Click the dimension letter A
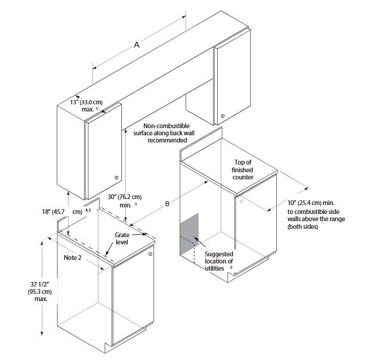(137, 45)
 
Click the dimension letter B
(167, 204)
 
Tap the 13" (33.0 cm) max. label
(87, 105)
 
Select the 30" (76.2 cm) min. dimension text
(125, 201)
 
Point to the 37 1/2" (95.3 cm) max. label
(40, 291)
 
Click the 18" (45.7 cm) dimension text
(62, 212)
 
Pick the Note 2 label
(73, 257)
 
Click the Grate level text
(122, 238)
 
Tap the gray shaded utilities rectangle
(189, 234)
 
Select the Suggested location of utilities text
(219, 261)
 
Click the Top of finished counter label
(243, 170)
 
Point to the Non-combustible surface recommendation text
(164, 133)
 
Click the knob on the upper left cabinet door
(116, 178)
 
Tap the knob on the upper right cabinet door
(223, 116)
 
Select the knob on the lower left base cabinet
(150, 254)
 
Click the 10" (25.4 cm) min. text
(311, 203)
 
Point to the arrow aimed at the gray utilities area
(200, 242)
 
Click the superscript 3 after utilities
(231, 268)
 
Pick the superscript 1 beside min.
(135, 204)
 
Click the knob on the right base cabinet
(241, 201)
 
